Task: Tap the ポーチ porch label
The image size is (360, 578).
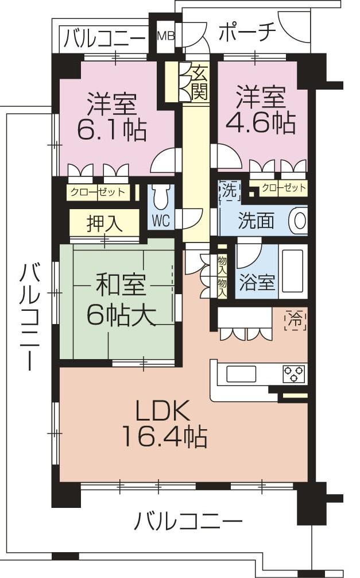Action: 247,33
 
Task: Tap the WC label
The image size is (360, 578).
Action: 161,221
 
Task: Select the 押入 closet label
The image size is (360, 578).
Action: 104,223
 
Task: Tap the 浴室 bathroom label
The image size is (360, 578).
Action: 257,282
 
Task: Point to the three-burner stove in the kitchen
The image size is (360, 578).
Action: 294,373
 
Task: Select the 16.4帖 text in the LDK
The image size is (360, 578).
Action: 164,438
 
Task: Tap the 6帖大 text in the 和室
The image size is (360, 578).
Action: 121,314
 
